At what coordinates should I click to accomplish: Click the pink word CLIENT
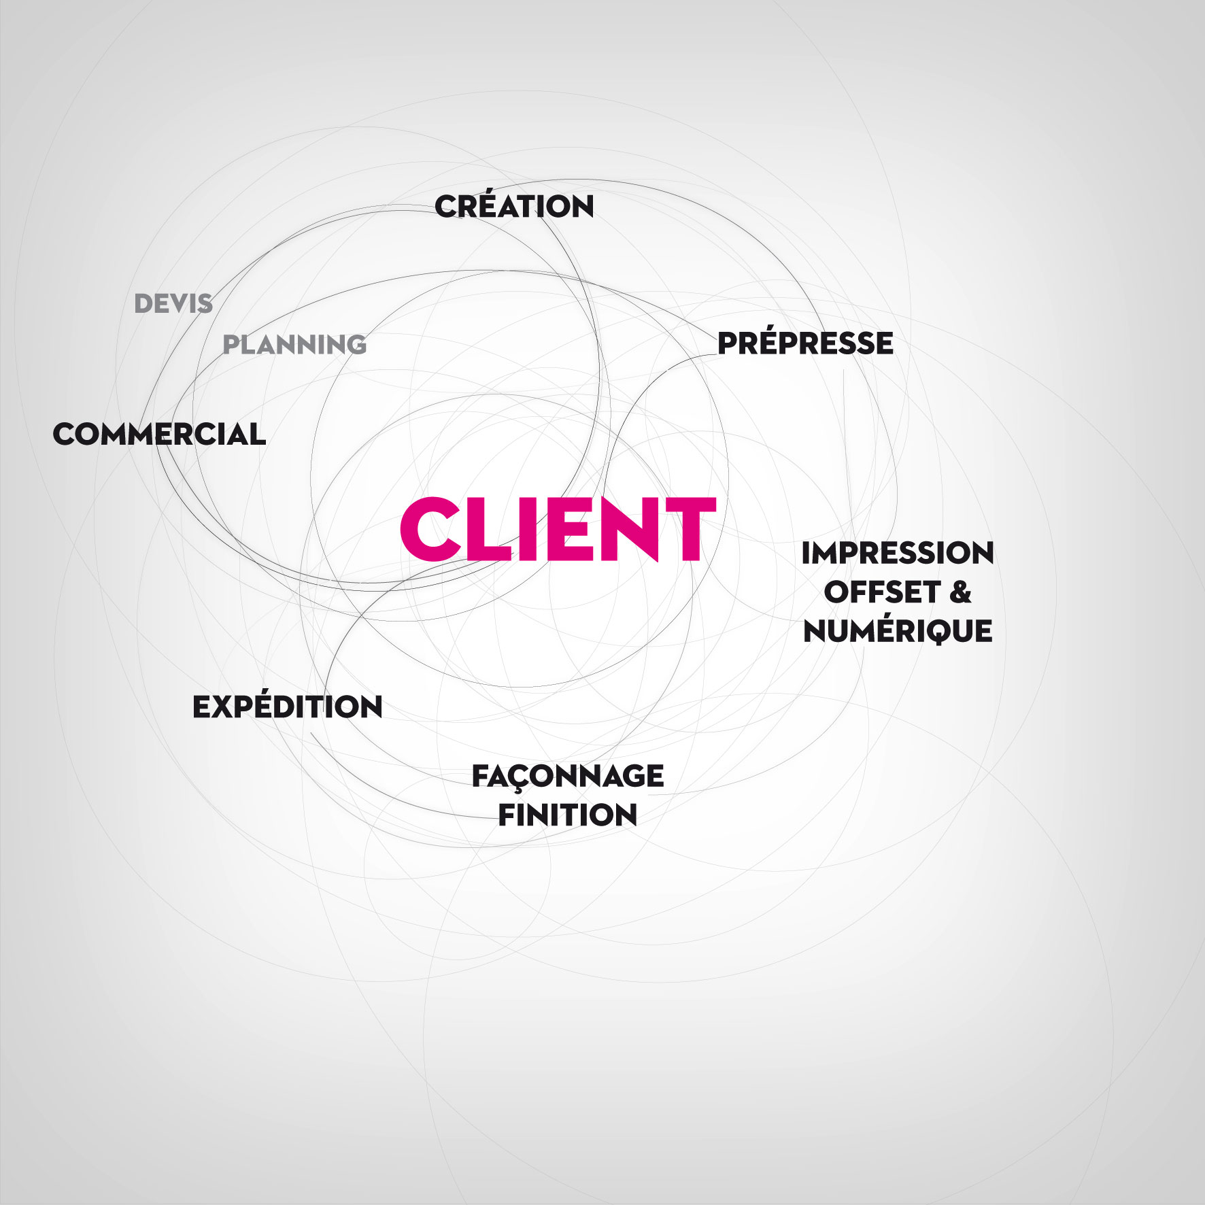point(558,528)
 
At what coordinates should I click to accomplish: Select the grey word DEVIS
point(173,303)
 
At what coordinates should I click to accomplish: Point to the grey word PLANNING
point(294,345)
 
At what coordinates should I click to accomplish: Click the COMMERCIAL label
point(159,434)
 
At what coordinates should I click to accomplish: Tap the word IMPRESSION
point(898,553)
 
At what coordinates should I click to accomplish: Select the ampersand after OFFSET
point(960,592)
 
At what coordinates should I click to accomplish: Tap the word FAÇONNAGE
point(568,777)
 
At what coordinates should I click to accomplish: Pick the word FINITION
point(568,815)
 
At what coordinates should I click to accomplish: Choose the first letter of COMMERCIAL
point(66,434)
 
